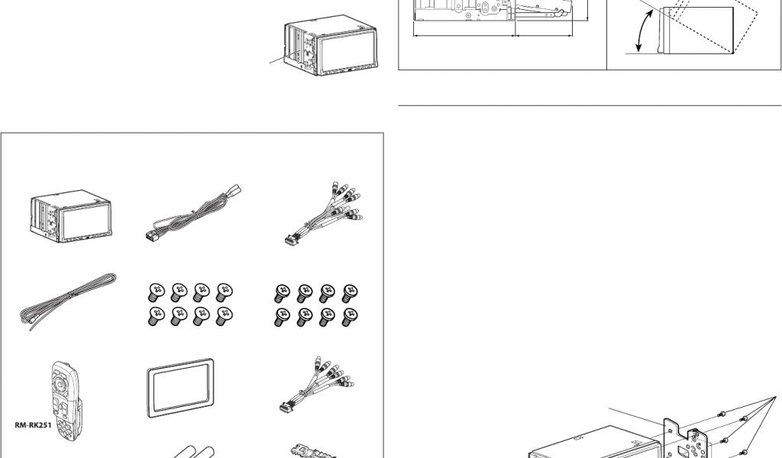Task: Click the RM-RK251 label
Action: point(33,425)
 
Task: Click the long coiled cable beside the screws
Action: point(68,302)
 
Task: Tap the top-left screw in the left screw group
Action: point(156,292)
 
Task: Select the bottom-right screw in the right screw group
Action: point(350,317)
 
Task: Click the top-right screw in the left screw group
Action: point(224,292)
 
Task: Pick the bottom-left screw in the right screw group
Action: point(283,317)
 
